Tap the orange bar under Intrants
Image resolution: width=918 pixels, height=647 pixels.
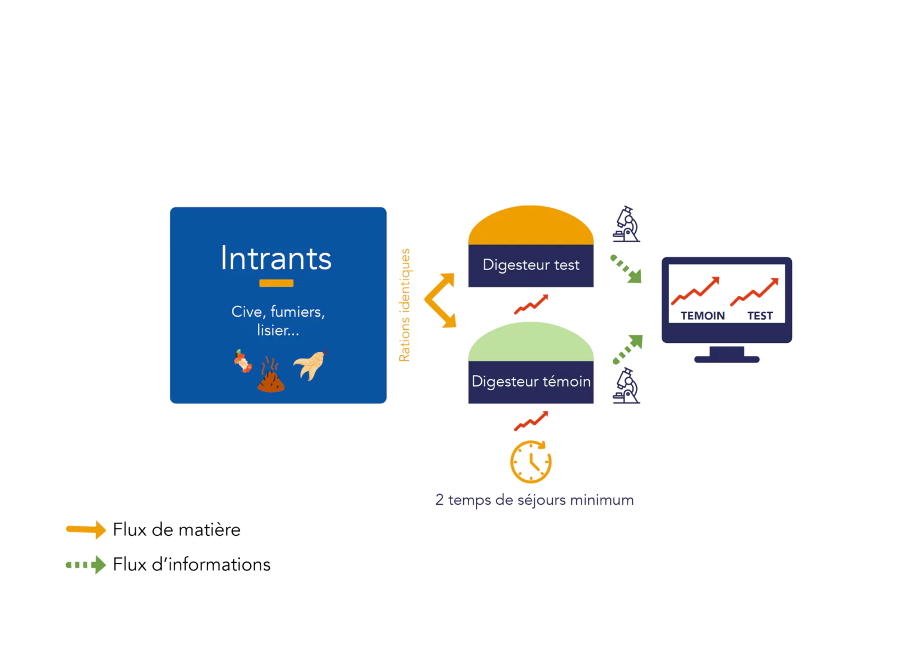(276, 283)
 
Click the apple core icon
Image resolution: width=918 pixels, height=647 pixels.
(243, 361)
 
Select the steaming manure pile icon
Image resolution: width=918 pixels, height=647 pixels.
(271, 375)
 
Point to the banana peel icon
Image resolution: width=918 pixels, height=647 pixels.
(311, 366)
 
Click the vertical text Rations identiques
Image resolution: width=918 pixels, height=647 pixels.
(405, 305)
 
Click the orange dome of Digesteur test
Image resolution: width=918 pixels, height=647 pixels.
(531, 225)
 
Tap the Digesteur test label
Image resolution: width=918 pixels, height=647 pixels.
(531, 265)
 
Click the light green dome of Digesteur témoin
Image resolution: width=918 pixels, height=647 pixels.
(531, 342)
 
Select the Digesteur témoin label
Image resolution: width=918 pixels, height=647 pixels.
(531, 382)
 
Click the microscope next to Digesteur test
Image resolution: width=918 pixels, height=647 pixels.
(626, 224)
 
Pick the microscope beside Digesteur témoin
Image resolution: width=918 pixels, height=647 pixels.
(626, 385)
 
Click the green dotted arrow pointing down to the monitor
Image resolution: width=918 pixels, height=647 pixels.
(626, 269)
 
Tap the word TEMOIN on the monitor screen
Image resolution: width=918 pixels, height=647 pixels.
(702, 316)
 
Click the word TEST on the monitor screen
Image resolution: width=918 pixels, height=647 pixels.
(760, 316)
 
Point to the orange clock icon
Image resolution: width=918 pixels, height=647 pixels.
(531, 462)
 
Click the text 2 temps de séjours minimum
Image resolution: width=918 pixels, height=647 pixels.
(534, 500)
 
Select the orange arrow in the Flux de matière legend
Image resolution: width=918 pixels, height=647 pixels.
(85, 530)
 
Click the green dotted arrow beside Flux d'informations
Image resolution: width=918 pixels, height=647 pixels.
(85, 565)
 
